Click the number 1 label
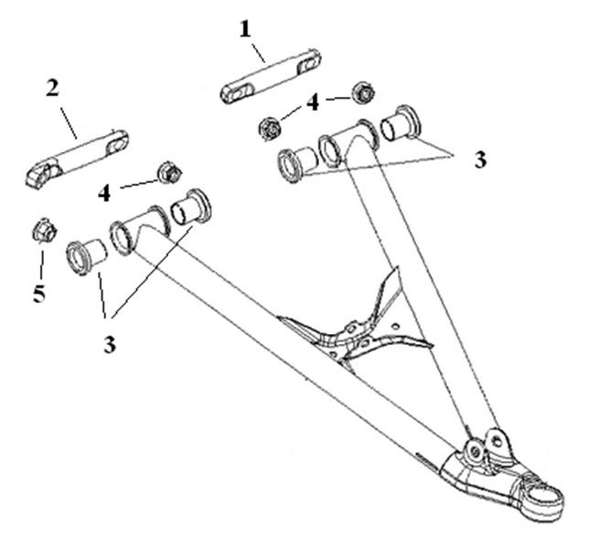click(x=244, y=29)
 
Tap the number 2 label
click(x=52, y=89)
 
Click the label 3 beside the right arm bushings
click(x=480, y=159)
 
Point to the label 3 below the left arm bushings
click(x=112, y=321)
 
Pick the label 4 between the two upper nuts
click(x=313, y=102)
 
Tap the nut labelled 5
click(x=41, y=231)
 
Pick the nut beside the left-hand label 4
click(x=168, y=171)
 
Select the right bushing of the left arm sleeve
click(x=191, y=205)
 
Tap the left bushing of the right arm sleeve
click(x=297, y=162)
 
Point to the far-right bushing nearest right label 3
click(x=400, y=123)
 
